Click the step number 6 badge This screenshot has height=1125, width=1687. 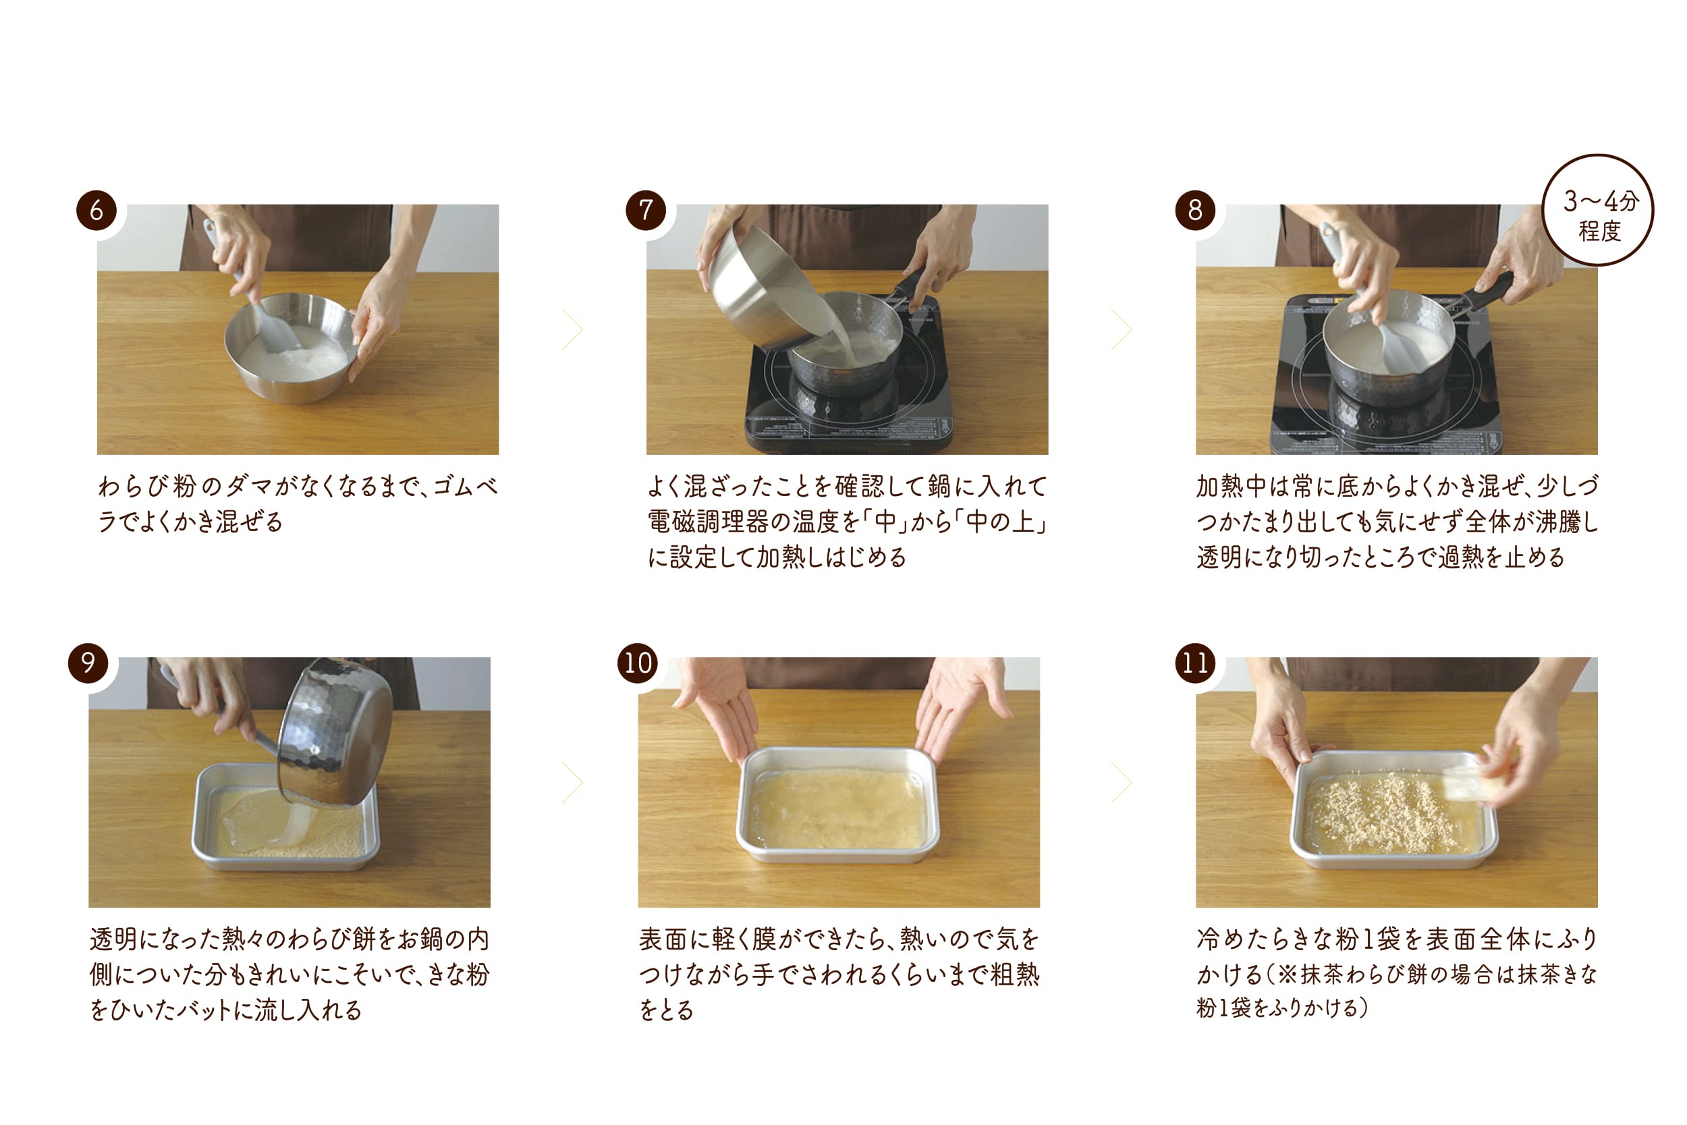96,209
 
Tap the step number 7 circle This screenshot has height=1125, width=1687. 646,209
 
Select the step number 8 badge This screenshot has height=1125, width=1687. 1195,209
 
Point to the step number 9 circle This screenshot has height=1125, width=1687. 88,662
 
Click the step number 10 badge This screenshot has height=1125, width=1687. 637,662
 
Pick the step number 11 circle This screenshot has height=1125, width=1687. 1195,662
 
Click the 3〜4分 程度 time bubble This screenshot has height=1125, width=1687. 1598,209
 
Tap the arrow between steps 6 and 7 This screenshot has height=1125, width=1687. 572,329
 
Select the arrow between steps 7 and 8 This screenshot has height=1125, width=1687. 1122,329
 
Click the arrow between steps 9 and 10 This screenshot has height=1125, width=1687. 572,782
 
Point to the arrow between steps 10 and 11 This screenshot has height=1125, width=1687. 1122,782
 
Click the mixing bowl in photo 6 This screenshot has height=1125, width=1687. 290,352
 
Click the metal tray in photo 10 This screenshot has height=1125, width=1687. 837,804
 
